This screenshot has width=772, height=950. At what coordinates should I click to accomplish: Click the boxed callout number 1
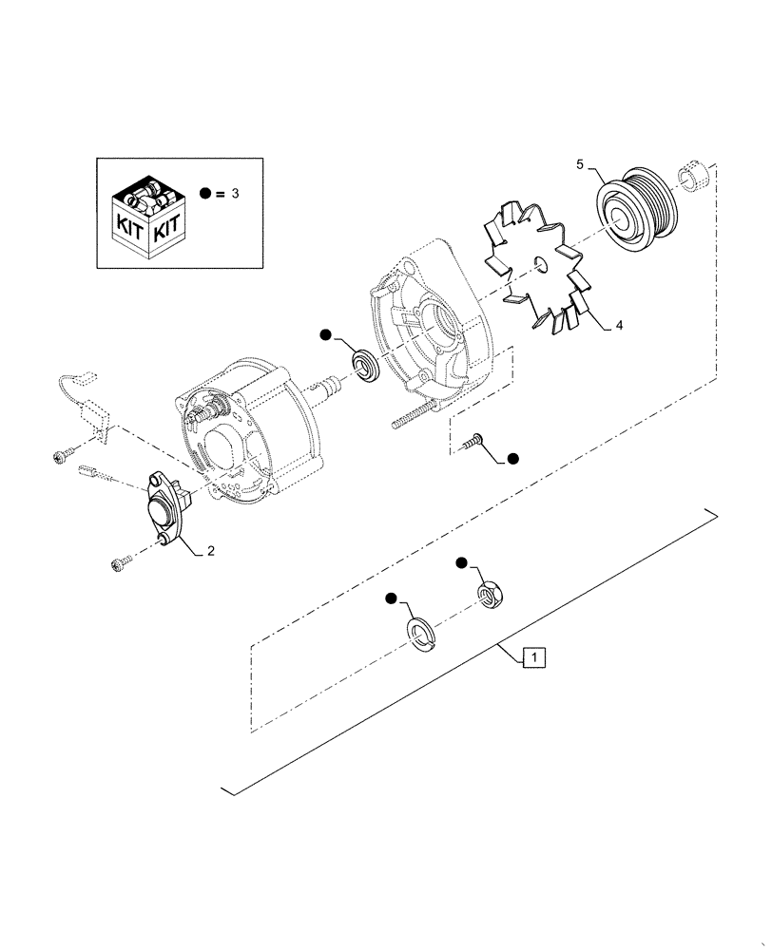[534, 655]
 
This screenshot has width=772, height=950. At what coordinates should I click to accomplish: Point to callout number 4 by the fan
[619, 325]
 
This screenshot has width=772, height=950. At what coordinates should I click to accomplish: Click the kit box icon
[149, 213]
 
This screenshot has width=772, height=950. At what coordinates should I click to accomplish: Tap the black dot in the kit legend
[205, 193]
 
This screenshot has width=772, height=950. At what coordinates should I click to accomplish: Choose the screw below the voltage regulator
[122, 564]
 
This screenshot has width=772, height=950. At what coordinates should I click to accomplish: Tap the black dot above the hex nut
[461, 563]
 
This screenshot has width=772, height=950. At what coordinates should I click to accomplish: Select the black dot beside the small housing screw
[512, 459]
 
